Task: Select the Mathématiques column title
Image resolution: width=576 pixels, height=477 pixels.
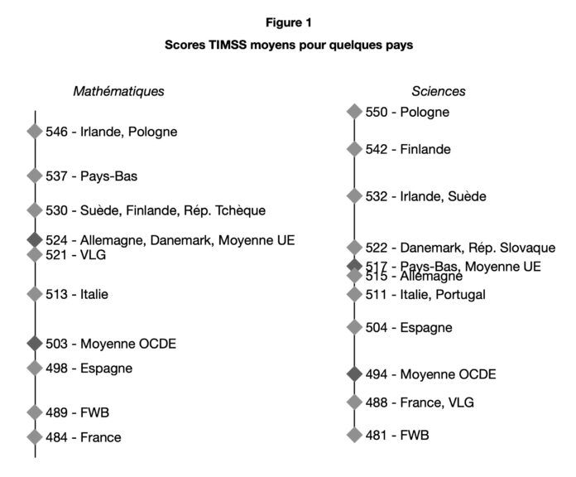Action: (x=118, y=91)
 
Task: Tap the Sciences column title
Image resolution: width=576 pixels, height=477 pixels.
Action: (x=438, y=91)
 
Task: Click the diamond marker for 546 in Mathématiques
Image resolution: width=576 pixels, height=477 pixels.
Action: (x=35, y=131)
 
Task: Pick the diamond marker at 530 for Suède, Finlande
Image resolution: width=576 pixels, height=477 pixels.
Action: (x=35, y=210)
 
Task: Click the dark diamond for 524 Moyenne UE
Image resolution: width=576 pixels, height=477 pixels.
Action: (x=35, y=239)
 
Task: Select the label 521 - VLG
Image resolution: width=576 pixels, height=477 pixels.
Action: (x=76, y=255)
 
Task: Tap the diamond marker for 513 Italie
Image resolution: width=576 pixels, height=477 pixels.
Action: (x=35, y=294)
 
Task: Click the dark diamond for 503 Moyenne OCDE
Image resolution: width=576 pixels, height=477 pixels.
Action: (x=35, y=343)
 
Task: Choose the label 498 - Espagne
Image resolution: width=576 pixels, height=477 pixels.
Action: (x=89, y=368)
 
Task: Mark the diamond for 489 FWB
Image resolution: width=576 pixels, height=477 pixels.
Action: (x=35, y=412)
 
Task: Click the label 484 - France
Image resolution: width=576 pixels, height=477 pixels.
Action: (x=83, y=437)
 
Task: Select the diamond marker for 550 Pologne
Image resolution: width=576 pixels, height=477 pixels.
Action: (x=354, y=112)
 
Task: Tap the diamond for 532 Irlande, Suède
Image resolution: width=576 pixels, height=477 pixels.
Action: (x=354, y=196)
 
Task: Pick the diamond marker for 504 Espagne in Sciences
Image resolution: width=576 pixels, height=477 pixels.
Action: (x=354, y=327)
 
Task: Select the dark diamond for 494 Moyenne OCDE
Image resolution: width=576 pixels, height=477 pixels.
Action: (x=354, y=374)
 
